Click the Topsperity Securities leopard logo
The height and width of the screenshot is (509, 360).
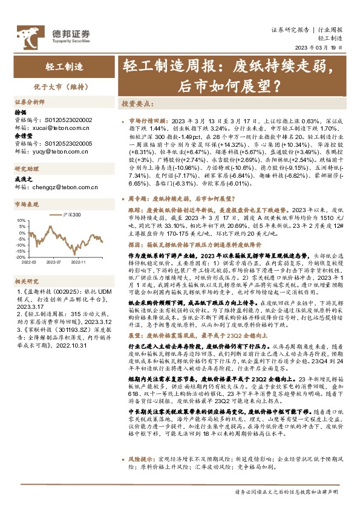(26, 34)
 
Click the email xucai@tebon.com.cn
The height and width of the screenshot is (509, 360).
(61, 128)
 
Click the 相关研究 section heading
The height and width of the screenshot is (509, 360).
(26, 281)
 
